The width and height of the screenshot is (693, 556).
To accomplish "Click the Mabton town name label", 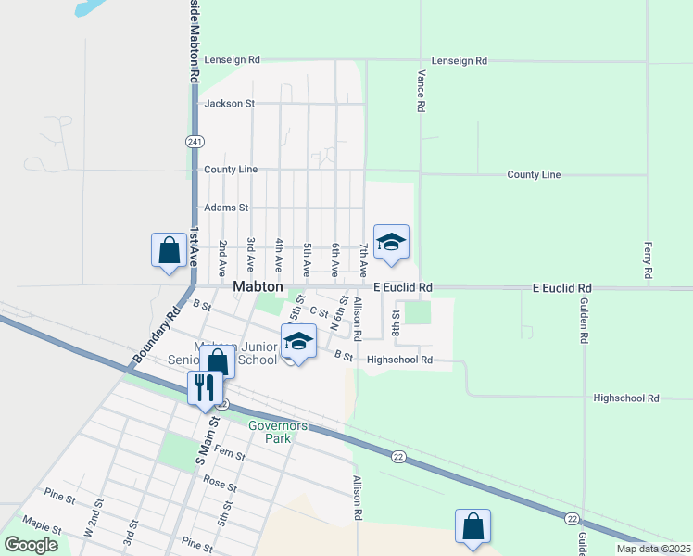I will click(x=258, y=287).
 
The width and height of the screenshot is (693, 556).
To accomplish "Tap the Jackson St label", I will click(x=229, y=104).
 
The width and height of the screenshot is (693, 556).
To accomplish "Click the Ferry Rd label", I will click(x=647, y=261).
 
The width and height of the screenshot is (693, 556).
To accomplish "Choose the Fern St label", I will click(x=228, y=455).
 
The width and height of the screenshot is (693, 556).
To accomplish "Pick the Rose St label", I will click(x=220, y=484).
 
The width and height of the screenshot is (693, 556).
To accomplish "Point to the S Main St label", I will click(x=205, y=441).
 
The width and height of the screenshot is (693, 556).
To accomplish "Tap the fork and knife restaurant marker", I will click(x=206, y=386).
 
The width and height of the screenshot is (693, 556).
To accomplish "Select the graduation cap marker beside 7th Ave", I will click(x=391, y=243).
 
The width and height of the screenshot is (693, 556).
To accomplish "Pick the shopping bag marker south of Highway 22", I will click(x=472, y=526).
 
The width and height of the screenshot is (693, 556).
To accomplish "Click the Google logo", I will click(x=31, y=545).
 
